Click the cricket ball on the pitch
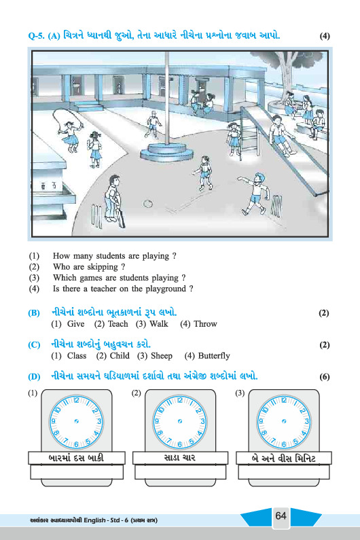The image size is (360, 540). [x=148, y=204]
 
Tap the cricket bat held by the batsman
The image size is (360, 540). [x=121, y=216]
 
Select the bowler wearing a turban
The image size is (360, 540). [x=255, y=194]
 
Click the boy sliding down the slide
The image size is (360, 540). [x=280, y=135]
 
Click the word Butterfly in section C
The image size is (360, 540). [x=214, y=356]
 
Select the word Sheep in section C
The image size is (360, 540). [x=162, y=356]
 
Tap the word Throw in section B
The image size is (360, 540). [x=205, y=324]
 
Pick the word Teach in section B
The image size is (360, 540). [x=118, y=324]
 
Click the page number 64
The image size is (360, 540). [x=281, y=516]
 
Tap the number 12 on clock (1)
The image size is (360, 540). [x=76, y=400]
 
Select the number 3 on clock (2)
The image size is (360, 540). [x=202, y=421]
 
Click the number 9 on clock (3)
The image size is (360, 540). [x=261, y=421]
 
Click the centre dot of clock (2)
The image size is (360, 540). [x=179, y=421]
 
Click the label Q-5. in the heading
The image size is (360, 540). [x=36, y=36]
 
